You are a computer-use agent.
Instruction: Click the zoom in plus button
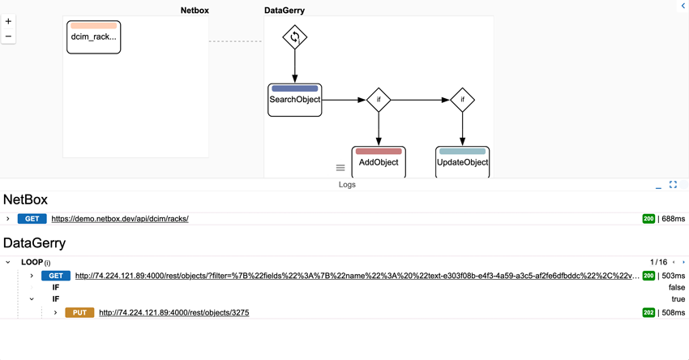(x=8, y=22)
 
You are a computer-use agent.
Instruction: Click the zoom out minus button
(x=8, y=36)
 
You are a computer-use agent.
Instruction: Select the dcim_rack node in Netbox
(x=93, y=37)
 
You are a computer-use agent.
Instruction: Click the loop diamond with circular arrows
(x=295, y=37)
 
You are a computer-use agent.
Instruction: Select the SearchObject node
(x=295, y=100)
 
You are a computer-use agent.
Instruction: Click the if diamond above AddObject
(x=379, y=100)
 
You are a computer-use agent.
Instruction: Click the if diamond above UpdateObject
(x=462, y=100)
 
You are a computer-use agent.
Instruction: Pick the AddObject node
(x=379, y=161)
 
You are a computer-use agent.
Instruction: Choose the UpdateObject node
(x=462, y=161)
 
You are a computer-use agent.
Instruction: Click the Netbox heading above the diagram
(x=194, y=11)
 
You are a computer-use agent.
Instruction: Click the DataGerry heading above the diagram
(x=285, y=11)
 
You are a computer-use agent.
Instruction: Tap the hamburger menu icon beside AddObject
(x=340, y=168)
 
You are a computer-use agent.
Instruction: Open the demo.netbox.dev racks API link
(x=120, y=219)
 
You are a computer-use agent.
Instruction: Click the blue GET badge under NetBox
(x=32, y=219)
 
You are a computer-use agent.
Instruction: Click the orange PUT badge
(x=79, y=312)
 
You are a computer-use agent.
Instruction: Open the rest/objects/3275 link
(x=173, y=312)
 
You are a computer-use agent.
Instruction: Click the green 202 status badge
(x=648, y=312)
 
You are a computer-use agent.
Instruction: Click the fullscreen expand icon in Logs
(x=673, y=185)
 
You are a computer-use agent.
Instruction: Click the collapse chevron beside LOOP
(x=8, y=263)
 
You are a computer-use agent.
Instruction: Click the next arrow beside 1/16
(x=683, y=263)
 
